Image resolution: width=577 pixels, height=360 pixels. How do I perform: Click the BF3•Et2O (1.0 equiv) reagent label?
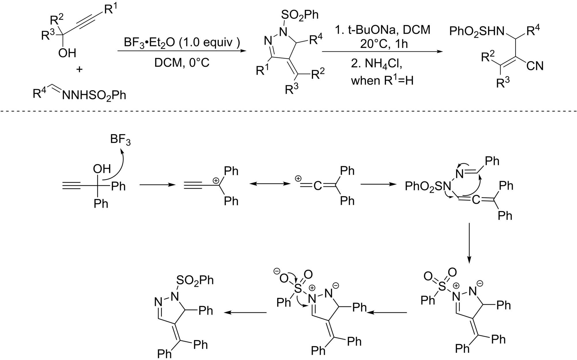[182, 43]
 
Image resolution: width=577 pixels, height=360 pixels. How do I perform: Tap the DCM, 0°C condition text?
[182, 63]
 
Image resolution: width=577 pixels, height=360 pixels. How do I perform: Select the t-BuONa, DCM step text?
[383, 30]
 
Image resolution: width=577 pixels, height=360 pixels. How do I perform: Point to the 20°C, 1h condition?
[384, 44]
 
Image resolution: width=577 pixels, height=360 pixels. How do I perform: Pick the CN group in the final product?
[535, 66]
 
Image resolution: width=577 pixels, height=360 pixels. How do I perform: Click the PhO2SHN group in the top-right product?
[477, 31]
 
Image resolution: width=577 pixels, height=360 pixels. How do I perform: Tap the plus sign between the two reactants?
[79, 69]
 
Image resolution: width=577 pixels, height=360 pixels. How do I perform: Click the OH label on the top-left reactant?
[67, 53]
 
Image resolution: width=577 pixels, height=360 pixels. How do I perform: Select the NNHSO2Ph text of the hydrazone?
[94, 95]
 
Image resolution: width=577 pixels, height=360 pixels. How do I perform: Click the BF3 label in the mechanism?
[120, 140]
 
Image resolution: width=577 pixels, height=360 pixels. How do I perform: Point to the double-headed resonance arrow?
[270, 184]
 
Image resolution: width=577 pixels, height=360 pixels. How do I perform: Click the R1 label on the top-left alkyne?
[111, 9]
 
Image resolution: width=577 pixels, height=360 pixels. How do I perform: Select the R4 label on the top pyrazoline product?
[316, 40]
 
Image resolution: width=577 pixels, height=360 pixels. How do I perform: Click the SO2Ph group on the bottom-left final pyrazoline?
[195, 280]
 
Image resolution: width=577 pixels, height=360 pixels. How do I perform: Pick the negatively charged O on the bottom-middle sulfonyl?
[284, 278]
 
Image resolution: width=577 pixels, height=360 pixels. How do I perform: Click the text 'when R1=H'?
[382, 80]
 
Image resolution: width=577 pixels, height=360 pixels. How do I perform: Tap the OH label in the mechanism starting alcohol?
[102, 169]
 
